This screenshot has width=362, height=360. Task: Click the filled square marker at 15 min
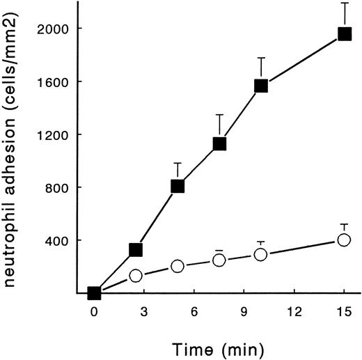(x=344, y=34)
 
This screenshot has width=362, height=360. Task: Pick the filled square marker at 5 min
(x=178, y=186)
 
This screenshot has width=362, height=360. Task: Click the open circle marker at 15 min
(x=343, y=240)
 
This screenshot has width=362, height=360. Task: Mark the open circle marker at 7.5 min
(x=219, y=260)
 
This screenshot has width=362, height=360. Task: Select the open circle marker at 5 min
(x=178, y=266)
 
